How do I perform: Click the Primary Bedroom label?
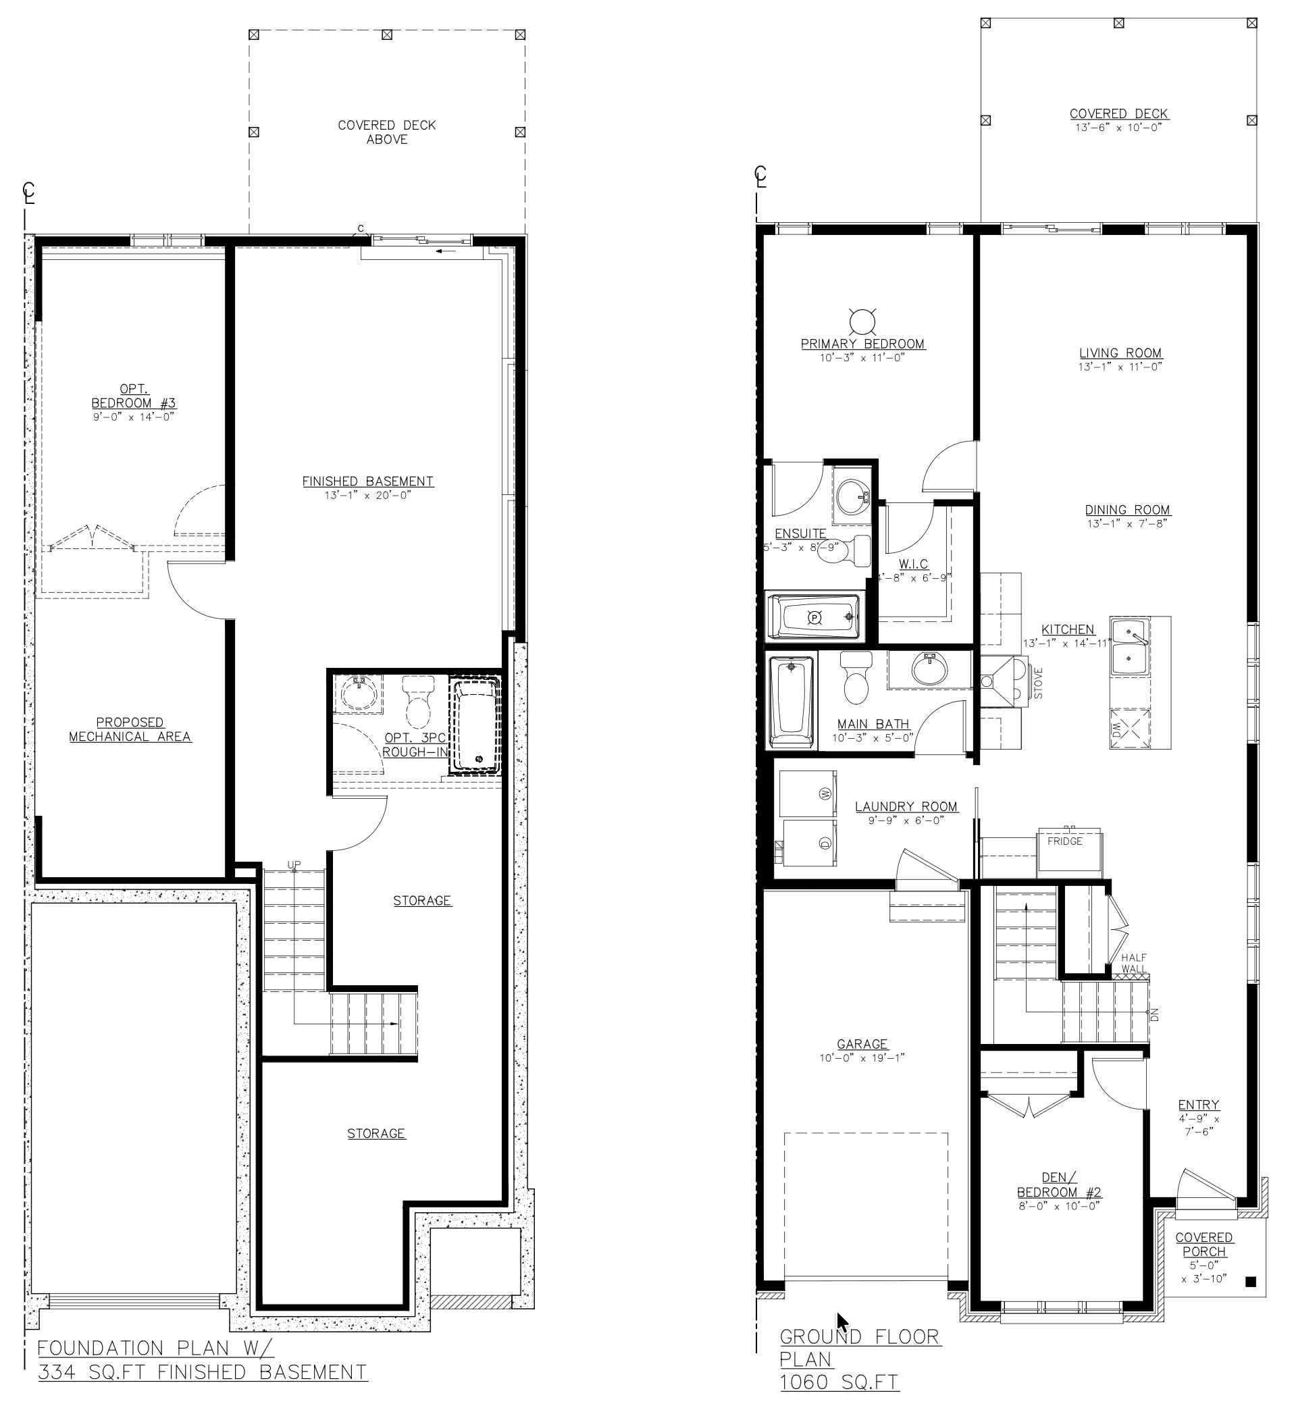click(862, 344)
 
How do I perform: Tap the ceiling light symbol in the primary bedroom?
click(862, 321)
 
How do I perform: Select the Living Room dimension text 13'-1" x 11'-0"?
click(1120, 367)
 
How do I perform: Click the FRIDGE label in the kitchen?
click(1064, 841)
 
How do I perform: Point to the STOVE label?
click(1039, 683)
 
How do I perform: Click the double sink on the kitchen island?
click(1129, 647)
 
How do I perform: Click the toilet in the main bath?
click(856, 677)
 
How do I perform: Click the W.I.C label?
click(913, 565)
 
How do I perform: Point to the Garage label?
click(862, 1044)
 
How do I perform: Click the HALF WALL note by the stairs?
click(1134, 964)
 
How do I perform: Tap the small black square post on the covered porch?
click(1251, 1282)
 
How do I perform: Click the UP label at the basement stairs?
click(294, 865)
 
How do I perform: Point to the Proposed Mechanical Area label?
click(130, 729)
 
